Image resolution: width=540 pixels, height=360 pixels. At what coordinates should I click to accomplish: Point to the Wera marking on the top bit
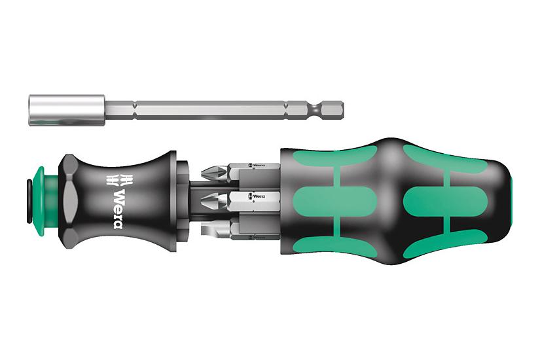point(257,165)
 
